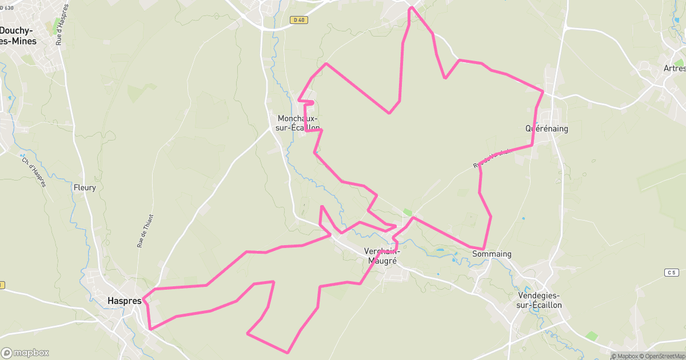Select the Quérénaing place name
(547, 129)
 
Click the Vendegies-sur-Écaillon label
(539, 300)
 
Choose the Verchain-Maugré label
(382, 255)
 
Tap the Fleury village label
(85, 187)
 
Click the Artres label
(675, 68)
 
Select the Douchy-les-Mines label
(18, 35)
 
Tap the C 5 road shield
(671, 273)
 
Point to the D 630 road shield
(6, 7)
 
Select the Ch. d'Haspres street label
(34, 172)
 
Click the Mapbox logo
(25, 353)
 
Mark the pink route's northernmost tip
(411, 7)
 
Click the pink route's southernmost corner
(288, 353)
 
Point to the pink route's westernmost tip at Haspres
(143, 298)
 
